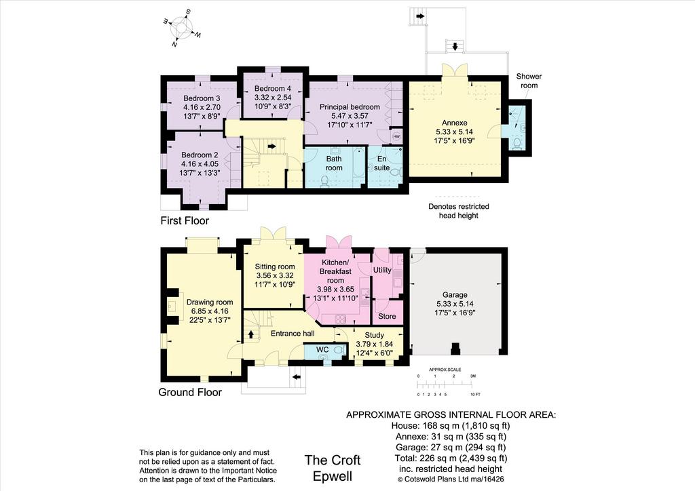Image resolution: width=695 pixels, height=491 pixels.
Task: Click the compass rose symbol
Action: tap(183, 27)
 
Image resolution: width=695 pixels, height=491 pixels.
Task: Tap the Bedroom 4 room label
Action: tap(273, 89)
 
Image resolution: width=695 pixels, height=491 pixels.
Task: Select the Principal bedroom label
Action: tap(350, 106)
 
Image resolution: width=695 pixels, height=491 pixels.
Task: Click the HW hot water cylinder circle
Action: tap(396, 136)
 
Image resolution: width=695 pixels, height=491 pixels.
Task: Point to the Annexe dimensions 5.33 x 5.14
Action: tap(454, 132)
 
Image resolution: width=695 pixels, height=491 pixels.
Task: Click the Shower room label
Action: tap(529, 81)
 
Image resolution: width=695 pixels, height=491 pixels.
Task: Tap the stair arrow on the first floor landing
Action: tap(271, 146)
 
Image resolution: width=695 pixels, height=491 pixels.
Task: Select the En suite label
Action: tap(381, 163)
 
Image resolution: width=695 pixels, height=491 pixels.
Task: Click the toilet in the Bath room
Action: tap(324, 181)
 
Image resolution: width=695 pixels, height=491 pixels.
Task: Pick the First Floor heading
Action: tap(185, 220)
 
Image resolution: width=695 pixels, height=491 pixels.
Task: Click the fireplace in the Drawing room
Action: tap(173, 305)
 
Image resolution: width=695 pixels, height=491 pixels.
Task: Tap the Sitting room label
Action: tap(274, 267)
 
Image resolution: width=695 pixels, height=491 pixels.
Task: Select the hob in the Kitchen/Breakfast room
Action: tap(340, 318)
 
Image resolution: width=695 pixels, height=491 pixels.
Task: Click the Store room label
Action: tap(387, 316)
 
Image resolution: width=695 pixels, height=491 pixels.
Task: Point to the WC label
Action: tap(322, 350)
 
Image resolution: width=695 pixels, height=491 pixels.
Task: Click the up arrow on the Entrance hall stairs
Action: tap(251, 334)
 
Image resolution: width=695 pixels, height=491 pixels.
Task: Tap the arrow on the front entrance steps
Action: tap(297, 378)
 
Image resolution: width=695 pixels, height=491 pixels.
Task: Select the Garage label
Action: tap(455, 295)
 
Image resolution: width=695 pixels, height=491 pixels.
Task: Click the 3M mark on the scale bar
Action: tap(473, 376)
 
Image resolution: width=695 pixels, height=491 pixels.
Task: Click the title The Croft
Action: tap(333, 460)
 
